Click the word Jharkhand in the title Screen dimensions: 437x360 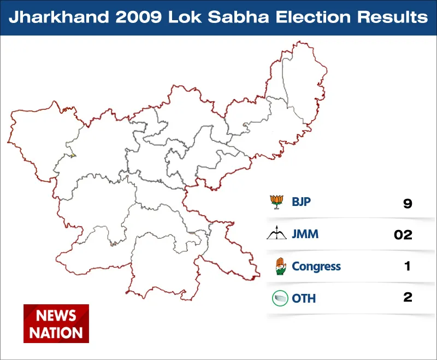(59, 17)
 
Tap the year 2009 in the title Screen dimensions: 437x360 (139, 17)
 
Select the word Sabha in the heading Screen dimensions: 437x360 (238, 17)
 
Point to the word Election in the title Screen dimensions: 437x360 (313, 17)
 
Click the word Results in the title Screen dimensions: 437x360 (392, 17)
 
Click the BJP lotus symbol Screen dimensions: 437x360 (277, 202)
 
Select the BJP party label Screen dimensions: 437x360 (301, 202)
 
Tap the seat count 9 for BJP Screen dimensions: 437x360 (408, 203)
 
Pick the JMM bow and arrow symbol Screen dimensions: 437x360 (276, 233)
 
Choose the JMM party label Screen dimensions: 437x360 (305, 234)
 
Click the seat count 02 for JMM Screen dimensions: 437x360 (403, 235)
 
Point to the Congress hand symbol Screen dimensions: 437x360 (281, 266)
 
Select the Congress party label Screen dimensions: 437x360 (316, 267)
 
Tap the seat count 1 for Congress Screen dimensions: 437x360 (408, 266)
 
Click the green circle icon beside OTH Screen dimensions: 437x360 (280, 298)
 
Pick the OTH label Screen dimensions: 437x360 (304, 299)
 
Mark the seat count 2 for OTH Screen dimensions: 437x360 (408, 297)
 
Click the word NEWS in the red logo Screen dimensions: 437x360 (56, 316)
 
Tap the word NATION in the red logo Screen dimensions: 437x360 (56, 333)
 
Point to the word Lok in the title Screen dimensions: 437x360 (185, 17)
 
